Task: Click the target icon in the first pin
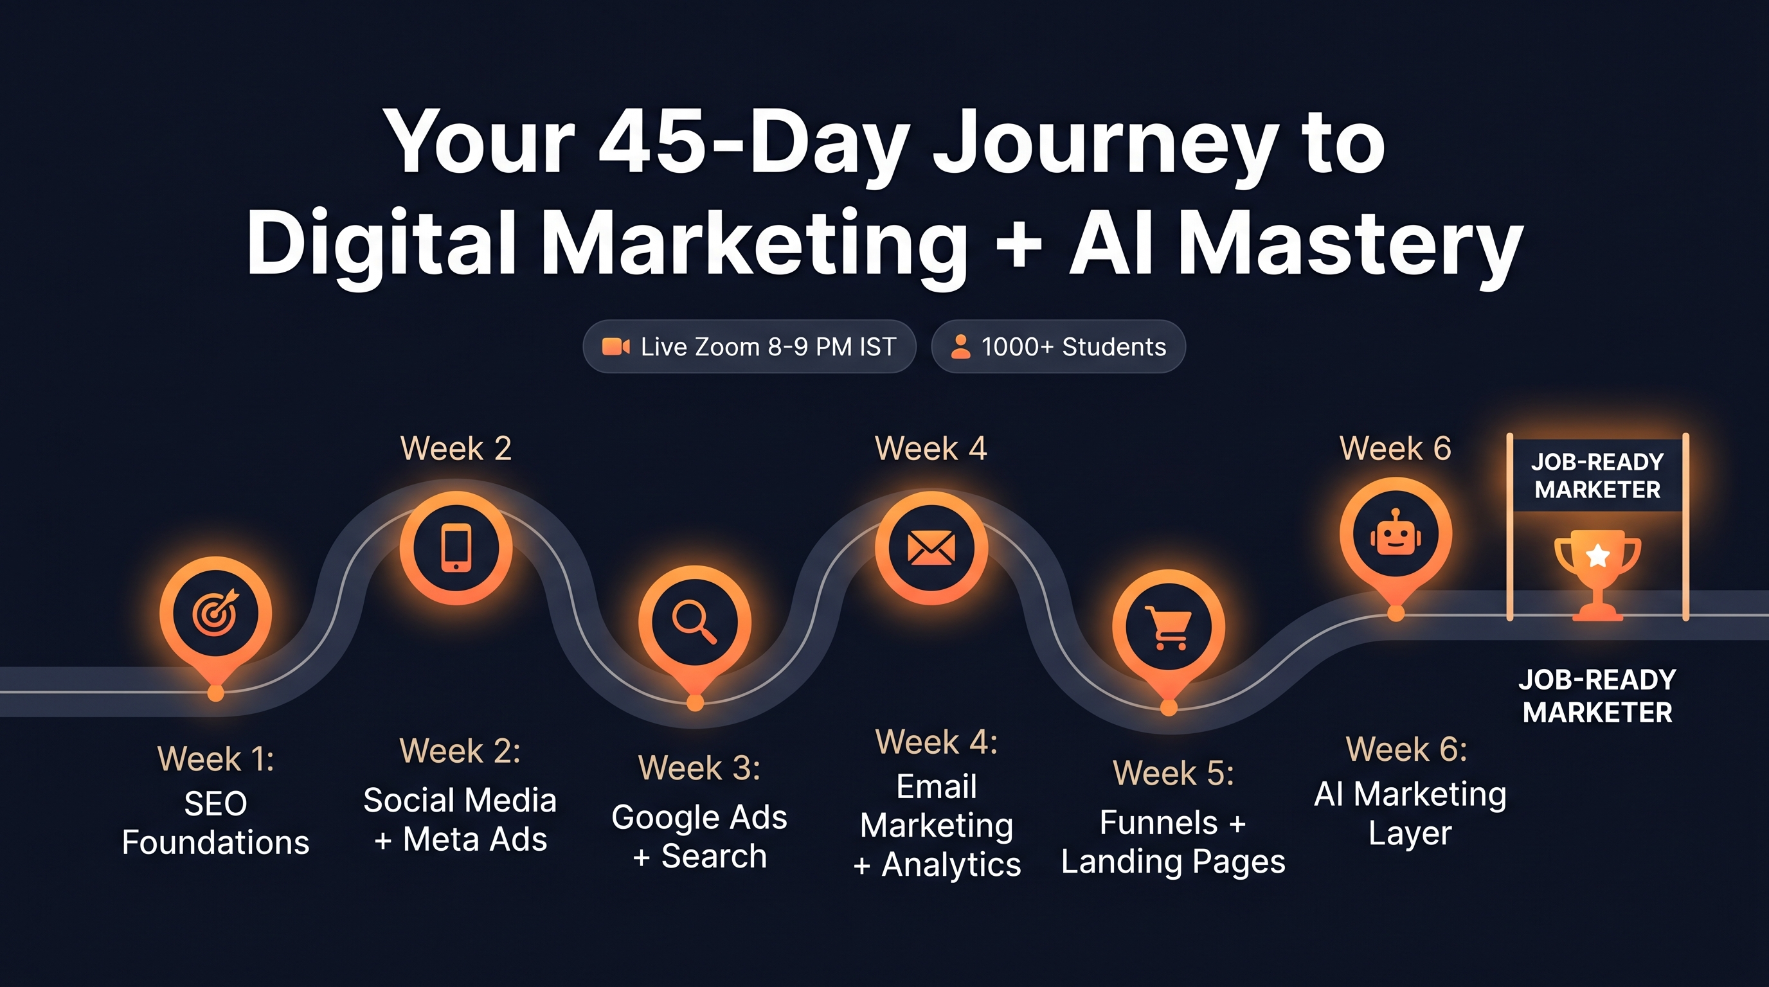215,613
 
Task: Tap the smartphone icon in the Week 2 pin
456,547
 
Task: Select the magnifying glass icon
694,622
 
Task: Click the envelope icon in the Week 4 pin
931,547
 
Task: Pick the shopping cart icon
1167,627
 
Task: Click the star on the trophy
1598,555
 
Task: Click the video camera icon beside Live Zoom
615,346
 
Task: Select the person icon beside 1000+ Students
960,346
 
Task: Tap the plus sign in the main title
1018,244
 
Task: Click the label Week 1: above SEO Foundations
215,759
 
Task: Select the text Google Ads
699,817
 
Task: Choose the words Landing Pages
1173,862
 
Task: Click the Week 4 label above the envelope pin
931,449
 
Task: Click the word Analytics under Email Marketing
951,864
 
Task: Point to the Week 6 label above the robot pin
1396,449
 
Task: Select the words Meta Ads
474,839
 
